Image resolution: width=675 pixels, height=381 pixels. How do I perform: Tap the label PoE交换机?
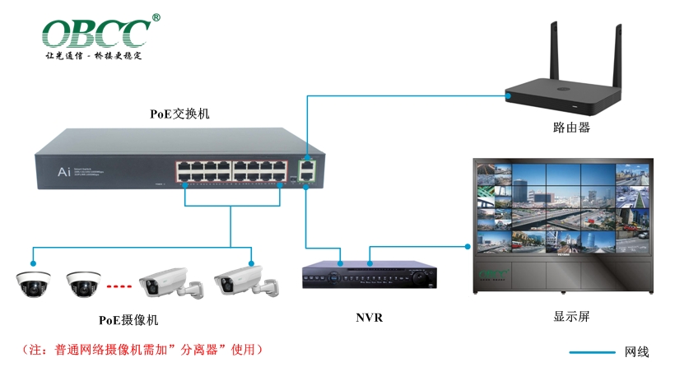point(179,114)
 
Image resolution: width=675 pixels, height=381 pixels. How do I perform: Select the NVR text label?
point(369,318)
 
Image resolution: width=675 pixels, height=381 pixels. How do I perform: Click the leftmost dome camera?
point(33,283)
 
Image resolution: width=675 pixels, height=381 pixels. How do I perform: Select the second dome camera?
point(84,283)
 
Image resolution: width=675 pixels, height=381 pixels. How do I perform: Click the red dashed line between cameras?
point(119,286)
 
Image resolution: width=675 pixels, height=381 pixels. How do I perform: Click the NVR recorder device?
point(368,276)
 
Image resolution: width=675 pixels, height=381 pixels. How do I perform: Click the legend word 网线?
point(637,352)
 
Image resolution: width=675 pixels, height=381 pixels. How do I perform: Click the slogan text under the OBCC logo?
point(94,57)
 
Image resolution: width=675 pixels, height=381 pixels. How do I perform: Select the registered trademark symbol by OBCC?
point(156,17)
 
